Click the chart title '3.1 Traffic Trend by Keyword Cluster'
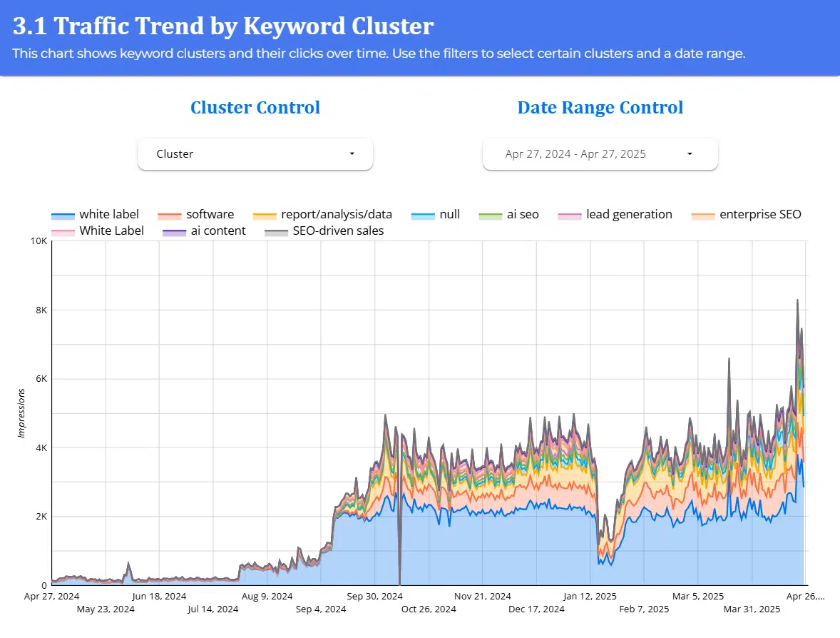click(223, 26)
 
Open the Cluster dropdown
click(255, 154)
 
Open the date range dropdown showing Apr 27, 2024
click(600, 154)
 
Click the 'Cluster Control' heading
click(255, 108)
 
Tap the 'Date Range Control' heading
click(600, 108)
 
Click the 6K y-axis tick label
click(40, 379)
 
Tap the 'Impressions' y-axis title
click(21, 412)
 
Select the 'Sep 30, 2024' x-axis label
click(376, 596)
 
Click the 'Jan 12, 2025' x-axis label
click(590, 596)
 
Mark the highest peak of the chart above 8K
click(797, 300)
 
